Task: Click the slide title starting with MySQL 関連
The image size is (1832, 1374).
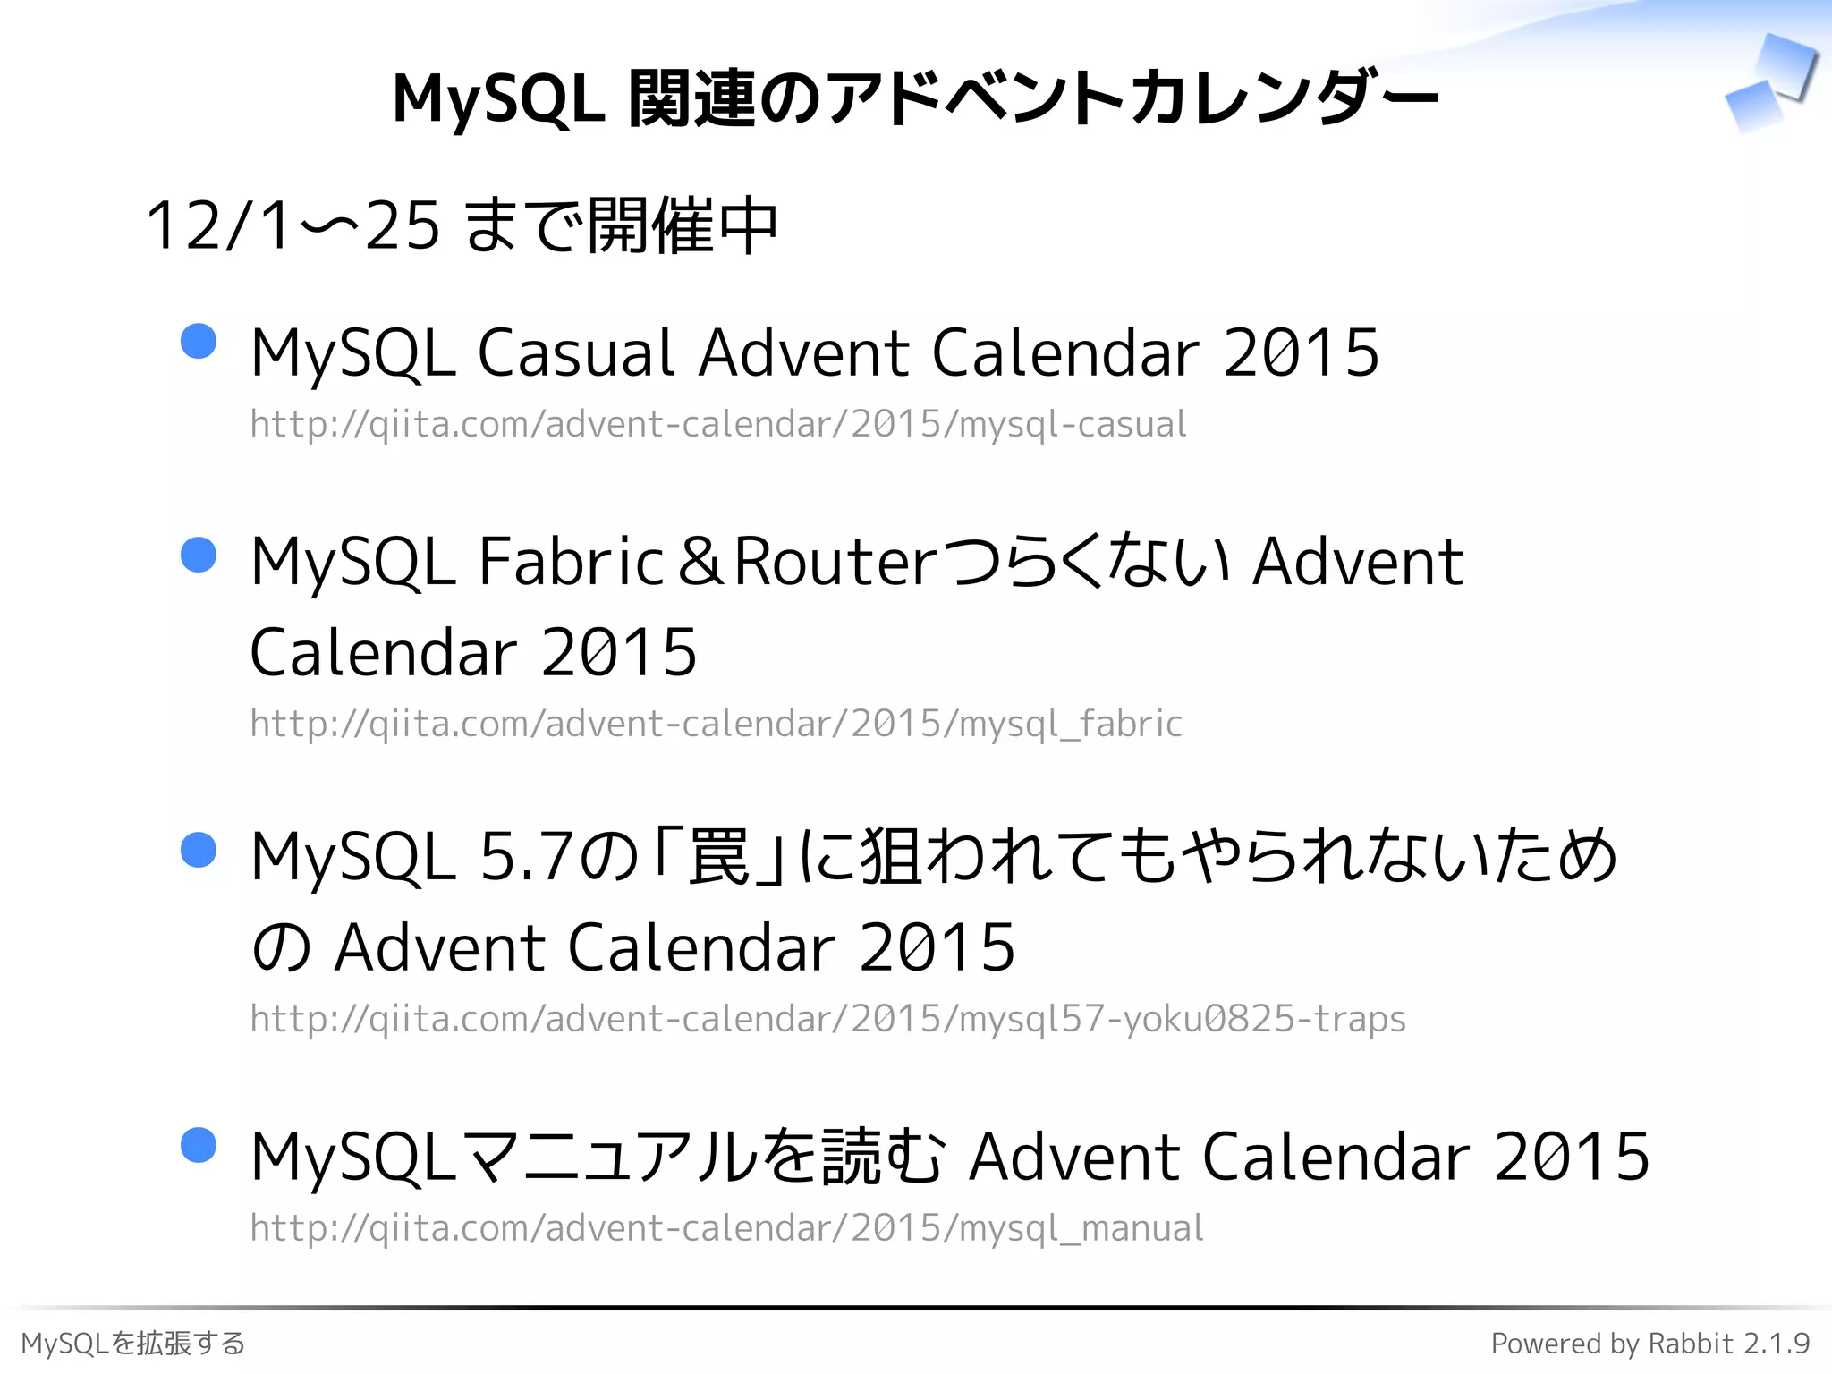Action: [914, 98]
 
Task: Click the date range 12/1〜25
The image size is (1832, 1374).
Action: [292, 225]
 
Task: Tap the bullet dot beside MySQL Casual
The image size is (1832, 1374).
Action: [199, 341]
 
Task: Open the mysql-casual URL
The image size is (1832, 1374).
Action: [717, 424]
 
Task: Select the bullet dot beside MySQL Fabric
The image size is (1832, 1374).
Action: [199, 555]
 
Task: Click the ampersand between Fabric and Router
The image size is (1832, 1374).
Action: [700, 562]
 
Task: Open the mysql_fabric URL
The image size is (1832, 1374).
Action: [716, 723]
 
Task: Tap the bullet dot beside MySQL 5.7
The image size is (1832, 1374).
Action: [199, 850]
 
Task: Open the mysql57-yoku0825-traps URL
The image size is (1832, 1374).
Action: [827, 1018]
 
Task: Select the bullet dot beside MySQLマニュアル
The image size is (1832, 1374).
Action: [199, 1145]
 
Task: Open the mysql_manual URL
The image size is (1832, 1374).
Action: [726, 1228]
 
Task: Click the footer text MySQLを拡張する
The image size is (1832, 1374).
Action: [133, 1343]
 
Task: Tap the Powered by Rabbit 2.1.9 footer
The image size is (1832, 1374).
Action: [1650, 1343]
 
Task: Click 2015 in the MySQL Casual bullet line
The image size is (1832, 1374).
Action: [1301, 352]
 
